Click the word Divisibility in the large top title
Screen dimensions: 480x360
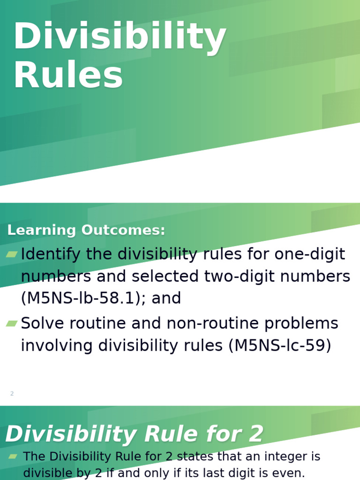pos(120,37)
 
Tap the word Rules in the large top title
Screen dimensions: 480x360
pos(68,76)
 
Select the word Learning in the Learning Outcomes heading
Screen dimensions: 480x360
pos(42,230)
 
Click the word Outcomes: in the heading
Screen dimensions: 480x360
pos(123,230)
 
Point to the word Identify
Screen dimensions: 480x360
pos(51,255)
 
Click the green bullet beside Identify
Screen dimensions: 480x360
pos(12,255)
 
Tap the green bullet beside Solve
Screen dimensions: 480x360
pos(12,323)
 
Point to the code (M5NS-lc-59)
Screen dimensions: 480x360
pos(280,345)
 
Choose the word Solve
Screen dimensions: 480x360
pos(45,323)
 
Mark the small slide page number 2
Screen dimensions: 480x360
pos(12,394)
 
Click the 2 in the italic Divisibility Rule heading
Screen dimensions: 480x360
pos(256,434)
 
